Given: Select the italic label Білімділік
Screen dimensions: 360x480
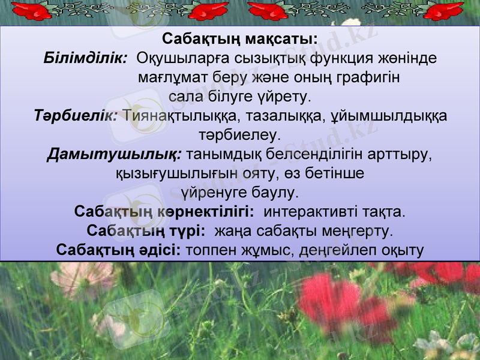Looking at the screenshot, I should tap(85, 59).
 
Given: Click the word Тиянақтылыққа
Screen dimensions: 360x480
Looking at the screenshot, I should tap(181, 115).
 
